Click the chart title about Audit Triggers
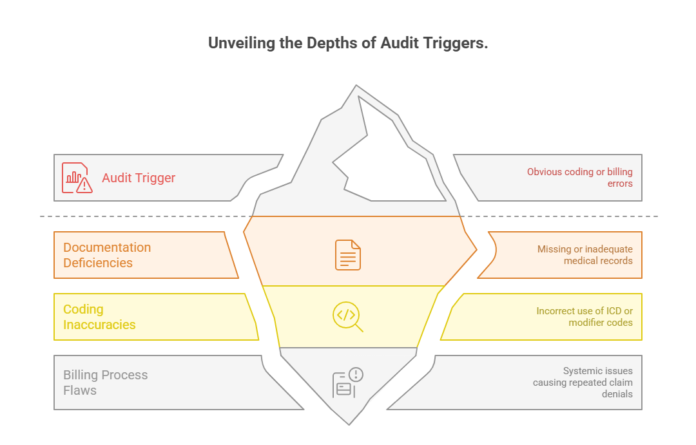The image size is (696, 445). pos(348,44)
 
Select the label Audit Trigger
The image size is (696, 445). pos(139,178)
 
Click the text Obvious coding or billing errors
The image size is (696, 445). pos(579,178)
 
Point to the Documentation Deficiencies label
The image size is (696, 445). pos(107,255)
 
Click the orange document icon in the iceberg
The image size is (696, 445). pos(348,255)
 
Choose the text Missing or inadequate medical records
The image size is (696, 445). pos(585,255)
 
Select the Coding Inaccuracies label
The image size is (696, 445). pos(99,317)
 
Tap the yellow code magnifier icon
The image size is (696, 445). pos(348,316)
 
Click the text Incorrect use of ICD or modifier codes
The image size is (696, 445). pos(584,317)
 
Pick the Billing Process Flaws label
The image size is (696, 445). pos(105,383)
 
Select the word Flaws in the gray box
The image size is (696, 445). pos(80,390)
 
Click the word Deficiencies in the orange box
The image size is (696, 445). pos(98,263)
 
